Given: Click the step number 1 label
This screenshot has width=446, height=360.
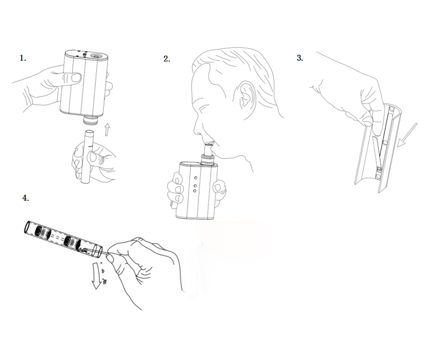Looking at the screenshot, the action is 23,58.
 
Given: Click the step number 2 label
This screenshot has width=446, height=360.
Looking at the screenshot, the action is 167,58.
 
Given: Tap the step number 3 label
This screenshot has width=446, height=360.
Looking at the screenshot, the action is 300,58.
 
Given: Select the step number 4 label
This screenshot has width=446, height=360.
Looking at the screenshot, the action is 26,198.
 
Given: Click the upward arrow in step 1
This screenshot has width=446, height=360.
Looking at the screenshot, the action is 107,130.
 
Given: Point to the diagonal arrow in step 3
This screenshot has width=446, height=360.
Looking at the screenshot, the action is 407,135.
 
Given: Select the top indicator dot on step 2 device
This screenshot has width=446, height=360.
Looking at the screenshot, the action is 196,178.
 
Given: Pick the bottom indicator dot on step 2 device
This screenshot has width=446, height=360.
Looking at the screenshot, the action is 195,191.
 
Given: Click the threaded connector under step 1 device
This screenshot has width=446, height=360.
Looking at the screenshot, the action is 90,121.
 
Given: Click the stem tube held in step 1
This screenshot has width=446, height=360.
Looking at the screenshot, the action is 87,157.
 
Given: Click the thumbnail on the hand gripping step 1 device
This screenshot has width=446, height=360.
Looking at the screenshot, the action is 76,78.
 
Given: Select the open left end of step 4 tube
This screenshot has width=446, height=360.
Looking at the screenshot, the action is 27,227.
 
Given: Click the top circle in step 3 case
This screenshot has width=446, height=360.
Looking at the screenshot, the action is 391,109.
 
